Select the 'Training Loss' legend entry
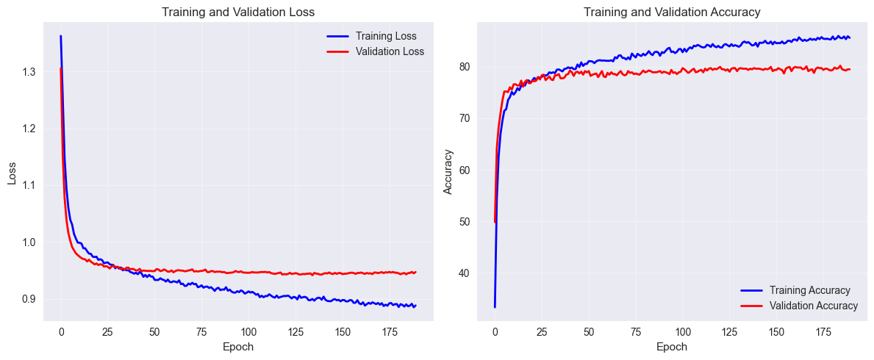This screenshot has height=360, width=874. pyautogui.click(x=386, y=35)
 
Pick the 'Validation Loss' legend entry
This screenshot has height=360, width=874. pyautogui.click(x=390, y=51)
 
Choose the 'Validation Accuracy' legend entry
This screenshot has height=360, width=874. pyautogui.click(x=813, y=306)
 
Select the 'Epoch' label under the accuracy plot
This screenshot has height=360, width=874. pyautogui.click(x=671, y=347)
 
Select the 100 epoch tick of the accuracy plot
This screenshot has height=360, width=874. pyautogui.click(x=683, y=331)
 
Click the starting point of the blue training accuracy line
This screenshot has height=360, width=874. pyautogui.click(x=495, y=306)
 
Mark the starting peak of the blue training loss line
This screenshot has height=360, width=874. pyautogui.click(x=60, y=36)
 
